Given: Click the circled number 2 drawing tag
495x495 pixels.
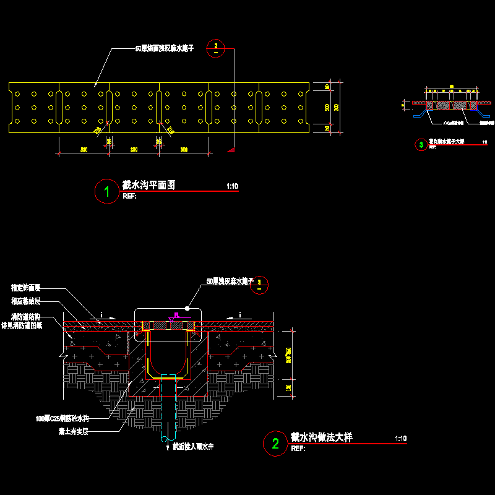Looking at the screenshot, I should [276, 443].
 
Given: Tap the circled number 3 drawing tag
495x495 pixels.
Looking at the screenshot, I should [421, 145].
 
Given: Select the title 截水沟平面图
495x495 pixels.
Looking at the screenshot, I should [149, 184].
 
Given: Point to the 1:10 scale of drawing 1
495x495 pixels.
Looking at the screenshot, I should [232, 186].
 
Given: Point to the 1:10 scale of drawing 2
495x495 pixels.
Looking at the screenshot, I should [400, 439].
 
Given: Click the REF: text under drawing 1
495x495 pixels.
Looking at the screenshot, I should [130, 196].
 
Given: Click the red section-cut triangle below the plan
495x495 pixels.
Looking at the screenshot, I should [231, 148].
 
